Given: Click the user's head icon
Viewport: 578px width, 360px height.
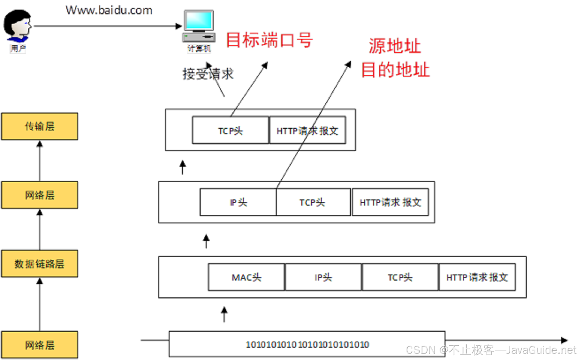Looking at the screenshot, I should (x=17, y=25).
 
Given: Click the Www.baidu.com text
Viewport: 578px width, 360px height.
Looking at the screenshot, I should (x=109, y=10).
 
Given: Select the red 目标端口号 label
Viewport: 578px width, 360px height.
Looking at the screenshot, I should (x=269, y=40).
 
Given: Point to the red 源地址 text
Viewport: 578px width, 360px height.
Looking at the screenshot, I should (x=395, y=46).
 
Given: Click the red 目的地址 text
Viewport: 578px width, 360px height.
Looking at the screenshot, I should (x=395, y=70).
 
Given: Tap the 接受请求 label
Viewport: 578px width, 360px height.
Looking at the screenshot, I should (x=208, y=74).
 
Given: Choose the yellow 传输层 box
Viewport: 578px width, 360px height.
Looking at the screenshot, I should (x=39, y=126).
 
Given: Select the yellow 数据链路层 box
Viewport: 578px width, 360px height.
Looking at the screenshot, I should (x=39, y=264).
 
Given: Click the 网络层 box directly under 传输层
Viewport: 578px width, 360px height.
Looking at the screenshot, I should (x=39, y=195).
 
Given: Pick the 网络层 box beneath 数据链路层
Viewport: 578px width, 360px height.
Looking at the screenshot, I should (x=39, y=345).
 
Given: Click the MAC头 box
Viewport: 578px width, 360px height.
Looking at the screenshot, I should (x=246, y=277).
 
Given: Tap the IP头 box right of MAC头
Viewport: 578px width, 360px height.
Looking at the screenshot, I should (x=323, y=277).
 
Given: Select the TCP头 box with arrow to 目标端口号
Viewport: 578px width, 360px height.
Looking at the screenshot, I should (x=230, y=131).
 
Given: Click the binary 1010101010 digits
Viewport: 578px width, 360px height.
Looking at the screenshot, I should (x=307, y=344).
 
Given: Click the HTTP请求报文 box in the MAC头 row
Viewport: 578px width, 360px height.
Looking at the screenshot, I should (x=477, y=277).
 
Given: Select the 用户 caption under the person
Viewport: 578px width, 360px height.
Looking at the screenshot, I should (x=18, y=49).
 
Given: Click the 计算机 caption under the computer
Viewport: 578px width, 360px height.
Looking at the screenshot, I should (x=199, y=49).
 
